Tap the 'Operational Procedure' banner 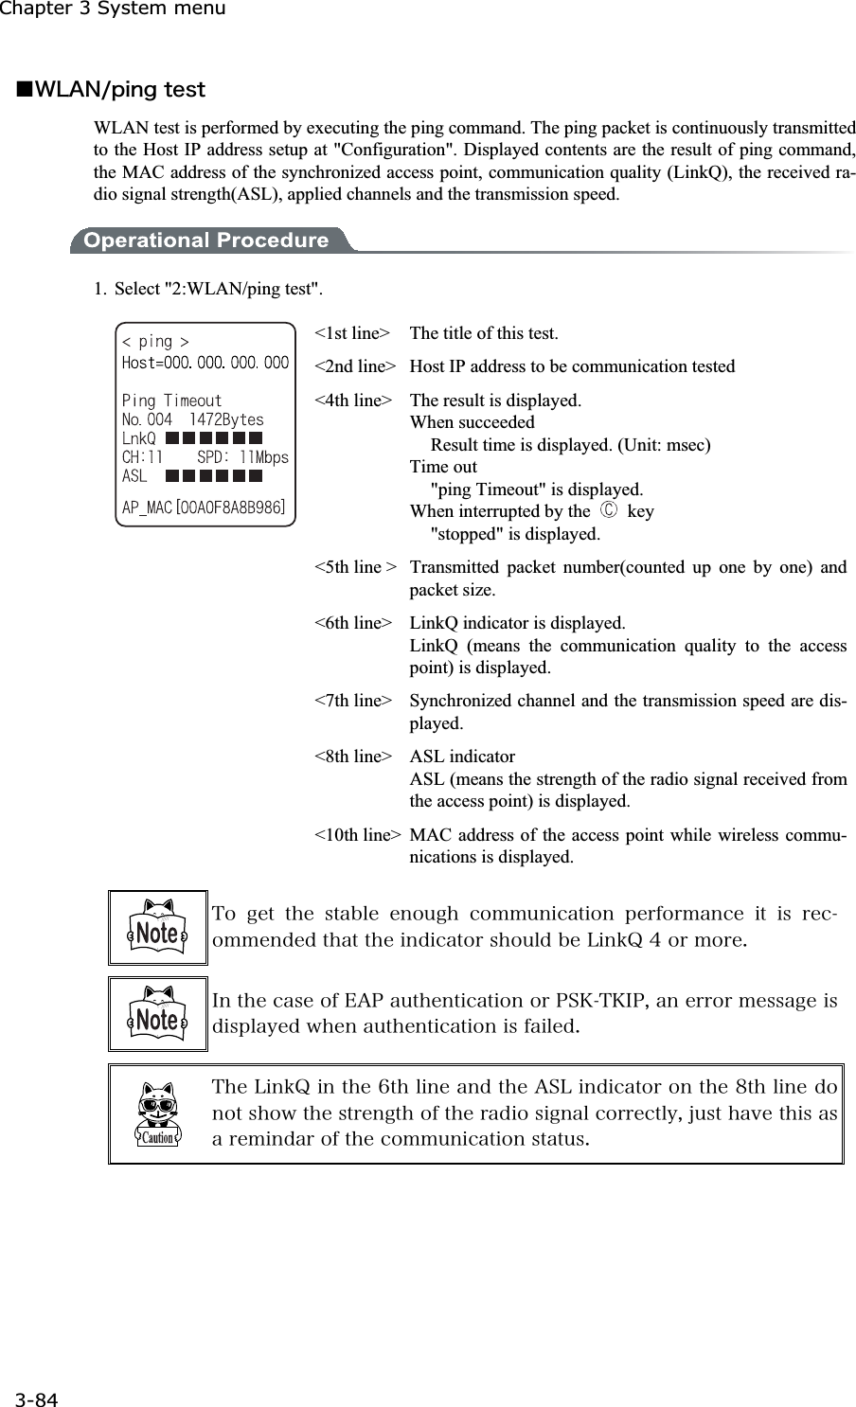(205, 240)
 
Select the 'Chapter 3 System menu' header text (113, 9)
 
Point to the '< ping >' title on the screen (156, 342)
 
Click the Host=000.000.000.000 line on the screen (205, 363)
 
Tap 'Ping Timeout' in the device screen (172, 401)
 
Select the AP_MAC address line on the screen (205, 508)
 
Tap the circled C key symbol (608, 512)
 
